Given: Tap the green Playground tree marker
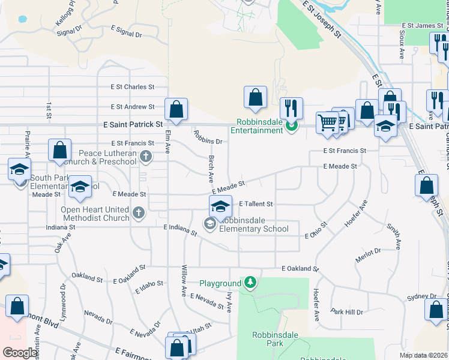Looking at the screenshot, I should tap(251, 282).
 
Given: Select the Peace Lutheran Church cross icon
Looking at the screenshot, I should tap(145, 157).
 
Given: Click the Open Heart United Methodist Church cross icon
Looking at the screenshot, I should tap(139, 213).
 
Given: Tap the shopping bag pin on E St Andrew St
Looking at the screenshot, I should tap(176, 110).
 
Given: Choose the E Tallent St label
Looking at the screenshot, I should tap(256, 204).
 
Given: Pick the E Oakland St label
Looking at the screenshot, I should tap(298, 269).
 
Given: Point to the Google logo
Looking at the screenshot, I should tap(20, 353).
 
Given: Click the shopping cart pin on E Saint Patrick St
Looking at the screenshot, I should tap(327, 122).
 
